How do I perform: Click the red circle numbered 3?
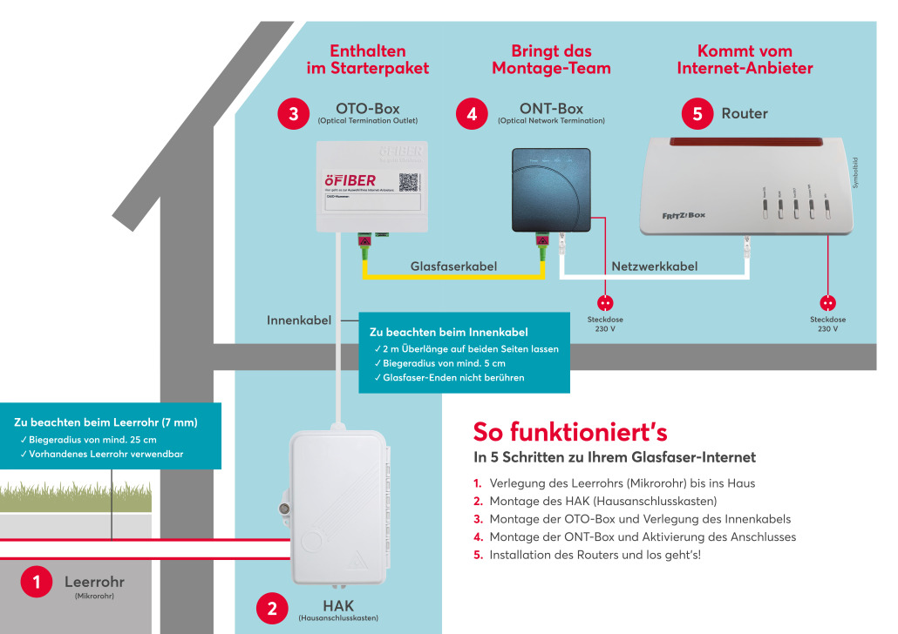(294, 114)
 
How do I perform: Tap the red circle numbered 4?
(472, 114)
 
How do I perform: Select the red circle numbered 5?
(697, 114)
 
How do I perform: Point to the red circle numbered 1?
(36, 583)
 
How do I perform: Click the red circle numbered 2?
(272, 609)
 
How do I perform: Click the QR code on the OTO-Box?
(409, 181)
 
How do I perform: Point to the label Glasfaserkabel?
(453, 266)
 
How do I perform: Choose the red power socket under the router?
(827, 302)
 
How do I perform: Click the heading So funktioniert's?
(570, 431)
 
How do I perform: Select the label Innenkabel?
(299, 320)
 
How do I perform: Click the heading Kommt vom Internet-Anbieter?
(745, 59)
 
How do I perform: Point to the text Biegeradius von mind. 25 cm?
(93, 439)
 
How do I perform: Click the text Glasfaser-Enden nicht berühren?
(453, 378)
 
